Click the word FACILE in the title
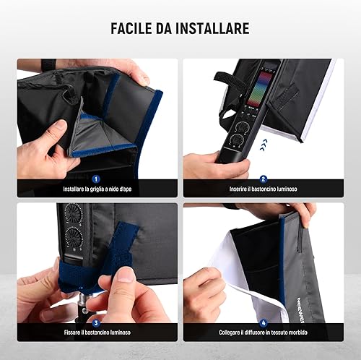click(x=131, y=28)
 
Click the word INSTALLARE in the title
click(x=212, y=28)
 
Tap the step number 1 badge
click(x=96, y=179)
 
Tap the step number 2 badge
click(x=264, y=179)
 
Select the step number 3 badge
click(x=96, y=323)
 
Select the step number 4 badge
click(x=264, y=323)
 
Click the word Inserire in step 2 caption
click(x=238, y=189)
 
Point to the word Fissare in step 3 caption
click(x=72, y=333)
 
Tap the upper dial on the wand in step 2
click(x=242, y=127)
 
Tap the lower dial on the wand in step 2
click(x=237, y=140)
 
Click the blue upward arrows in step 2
click(x=264, y=145)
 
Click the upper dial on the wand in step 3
click(x=72, y=213)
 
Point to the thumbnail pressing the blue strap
click(x=125, y=274)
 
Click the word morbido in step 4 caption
click(x=298, y=333)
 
